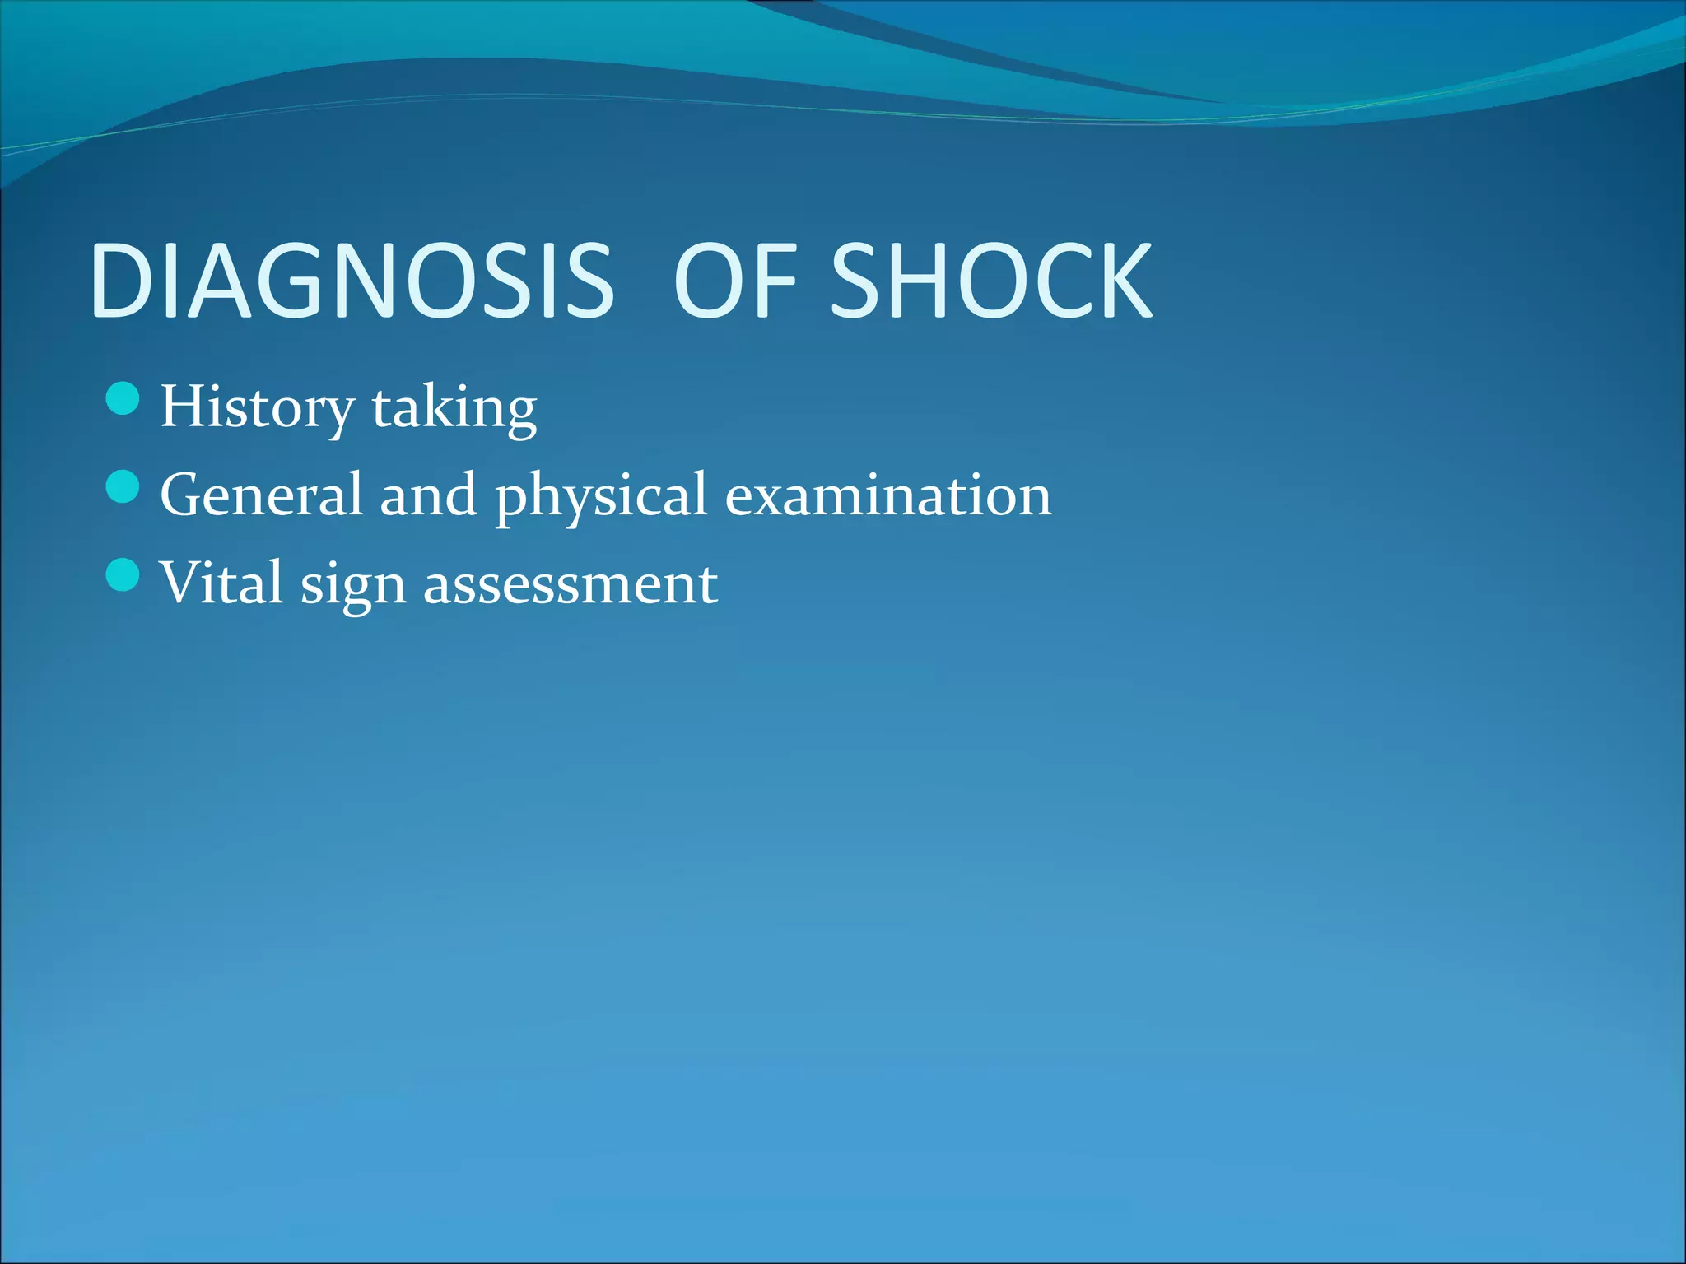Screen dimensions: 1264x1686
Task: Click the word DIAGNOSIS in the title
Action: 352,281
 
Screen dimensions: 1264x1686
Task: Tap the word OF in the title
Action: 736,281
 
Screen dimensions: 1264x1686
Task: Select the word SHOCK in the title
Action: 992,281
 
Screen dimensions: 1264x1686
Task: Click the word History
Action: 257,407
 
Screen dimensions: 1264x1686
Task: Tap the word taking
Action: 454,407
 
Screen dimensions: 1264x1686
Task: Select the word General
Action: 261,495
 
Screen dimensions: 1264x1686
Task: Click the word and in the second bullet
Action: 428,495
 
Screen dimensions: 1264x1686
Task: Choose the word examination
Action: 888,495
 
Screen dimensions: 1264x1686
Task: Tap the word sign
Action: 353,586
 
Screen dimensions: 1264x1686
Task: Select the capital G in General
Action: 183,495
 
